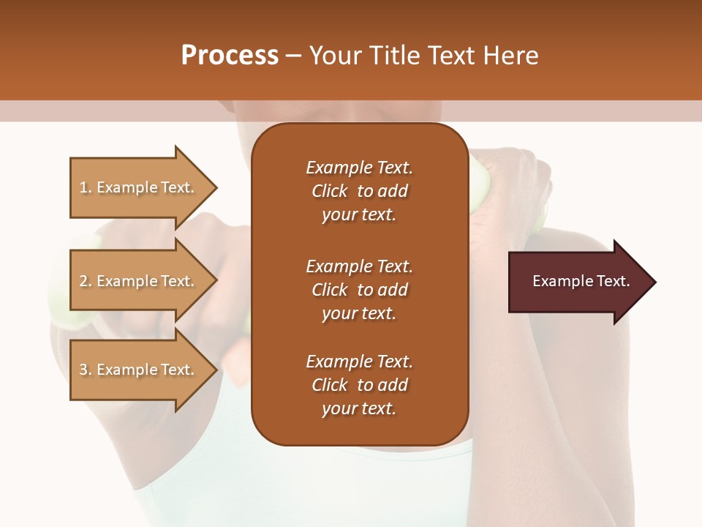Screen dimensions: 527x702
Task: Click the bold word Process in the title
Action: point(230,56)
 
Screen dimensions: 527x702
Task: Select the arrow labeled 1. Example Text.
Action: point(139,187)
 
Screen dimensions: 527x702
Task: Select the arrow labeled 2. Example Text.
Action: point(139,281)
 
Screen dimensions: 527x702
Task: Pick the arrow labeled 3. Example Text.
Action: point(139,370)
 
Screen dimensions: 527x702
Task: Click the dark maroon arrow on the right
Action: point(578,282)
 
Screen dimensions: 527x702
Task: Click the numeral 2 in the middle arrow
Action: point(83,281)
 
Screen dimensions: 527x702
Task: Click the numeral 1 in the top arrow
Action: point(83,187)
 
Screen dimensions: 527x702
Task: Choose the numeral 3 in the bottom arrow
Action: point(83,370)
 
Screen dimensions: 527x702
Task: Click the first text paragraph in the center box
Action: point(359,191)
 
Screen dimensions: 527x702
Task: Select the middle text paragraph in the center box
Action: point(359,290)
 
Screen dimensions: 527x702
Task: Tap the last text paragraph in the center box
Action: point(359,385)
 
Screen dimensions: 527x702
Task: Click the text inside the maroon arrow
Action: point(581,281)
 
